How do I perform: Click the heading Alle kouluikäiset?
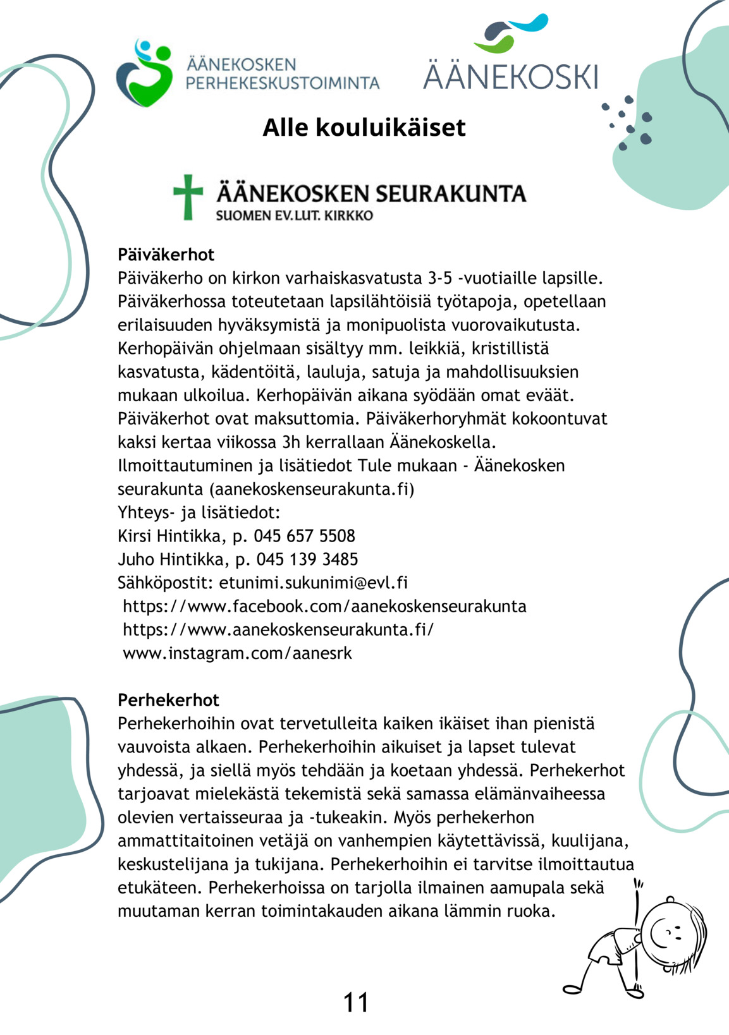coord(364,128)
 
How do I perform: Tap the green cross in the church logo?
coord(188,197)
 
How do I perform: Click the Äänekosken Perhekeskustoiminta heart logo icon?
coord(145,73)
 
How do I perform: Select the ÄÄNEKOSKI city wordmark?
coord(510,76)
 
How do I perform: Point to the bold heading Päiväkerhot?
coord(166,255)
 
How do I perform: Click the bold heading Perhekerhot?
coord(168,700)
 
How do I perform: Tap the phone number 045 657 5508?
coord(304,536)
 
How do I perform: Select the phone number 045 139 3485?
coord(307,559)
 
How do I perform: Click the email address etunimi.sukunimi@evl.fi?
coord(313,583)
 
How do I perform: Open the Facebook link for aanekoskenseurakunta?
coord(324,606)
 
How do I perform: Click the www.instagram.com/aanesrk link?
coord(237,653)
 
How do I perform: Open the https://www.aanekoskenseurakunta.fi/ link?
coord(278,629)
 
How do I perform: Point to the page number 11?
coord(355,1002)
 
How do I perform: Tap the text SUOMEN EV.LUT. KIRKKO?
coord(294,215)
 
